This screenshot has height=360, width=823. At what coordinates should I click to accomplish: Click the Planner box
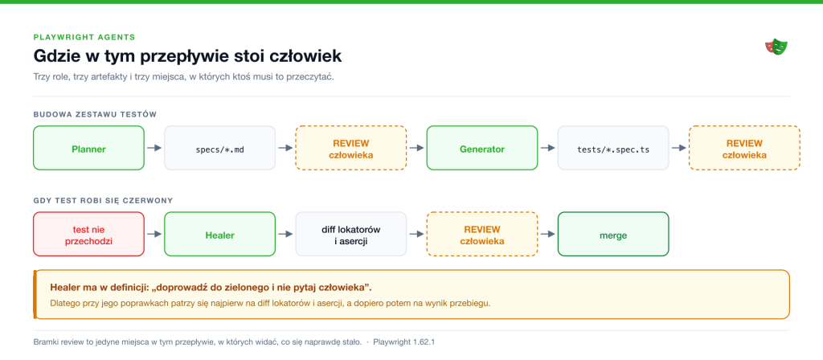[x=88, y=148]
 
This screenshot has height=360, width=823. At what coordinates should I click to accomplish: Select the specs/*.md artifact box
[x=220, y=148]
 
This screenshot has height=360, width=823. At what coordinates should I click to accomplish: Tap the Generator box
[x=482, y=148]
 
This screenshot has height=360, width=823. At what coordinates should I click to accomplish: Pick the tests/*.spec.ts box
[x=613, y=148]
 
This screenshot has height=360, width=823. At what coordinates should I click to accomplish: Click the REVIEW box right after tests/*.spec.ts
[x=744, y=148]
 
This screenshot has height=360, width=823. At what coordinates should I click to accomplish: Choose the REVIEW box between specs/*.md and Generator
[x=351, y=148]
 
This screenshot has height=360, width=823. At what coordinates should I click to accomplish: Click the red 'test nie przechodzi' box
[x=88, y=234]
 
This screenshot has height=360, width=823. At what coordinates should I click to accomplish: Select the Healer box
[x=220, y=234]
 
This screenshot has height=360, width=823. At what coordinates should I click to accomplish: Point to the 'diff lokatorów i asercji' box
[x=351, y=234]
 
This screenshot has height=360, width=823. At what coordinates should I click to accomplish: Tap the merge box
[x=613, y=234]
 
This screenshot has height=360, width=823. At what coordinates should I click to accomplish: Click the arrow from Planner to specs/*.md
[x=154, y=148]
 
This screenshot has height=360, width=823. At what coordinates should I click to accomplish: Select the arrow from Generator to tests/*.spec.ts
[x=548, y=148]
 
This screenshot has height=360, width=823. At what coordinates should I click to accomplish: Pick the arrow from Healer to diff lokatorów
[x=285, y=234]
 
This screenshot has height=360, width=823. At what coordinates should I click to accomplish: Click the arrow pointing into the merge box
[x=548, y=234]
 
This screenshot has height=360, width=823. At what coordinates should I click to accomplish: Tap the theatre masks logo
[x=777, y=47]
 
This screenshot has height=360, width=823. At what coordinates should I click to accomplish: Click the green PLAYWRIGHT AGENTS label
[x=84, y=37]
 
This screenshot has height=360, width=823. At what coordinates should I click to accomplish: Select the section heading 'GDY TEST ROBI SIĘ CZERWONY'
[x=104, y=200]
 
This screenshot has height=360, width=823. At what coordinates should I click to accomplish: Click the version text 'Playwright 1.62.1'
[x=404, y=342]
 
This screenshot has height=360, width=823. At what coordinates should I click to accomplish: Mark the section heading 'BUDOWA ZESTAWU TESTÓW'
[x=95, y=114]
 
